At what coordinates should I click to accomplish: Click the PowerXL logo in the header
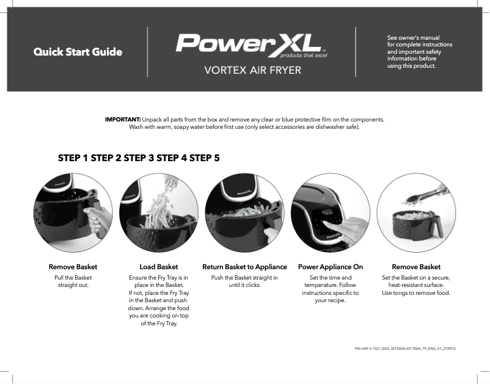pos(248,43)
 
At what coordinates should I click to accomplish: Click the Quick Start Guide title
pos(78,52)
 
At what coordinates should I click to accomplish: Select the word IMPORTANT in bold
pos(123,119)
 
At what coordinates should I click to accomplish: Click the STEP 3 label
pos(139,158)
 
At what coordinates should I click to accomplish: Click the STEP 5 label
pos(205,158)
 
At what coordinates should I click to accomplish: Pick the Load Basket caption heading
pos(159,267)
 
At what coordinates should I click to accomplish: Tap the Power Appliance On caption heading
pos(330,267)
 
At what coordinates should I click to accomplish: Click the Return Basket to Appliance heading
pos(244,267)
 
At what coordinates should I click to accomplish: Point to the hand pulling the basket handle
pos(95,220)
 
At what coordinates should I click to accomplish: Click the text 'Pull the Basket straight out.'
pos(73,281)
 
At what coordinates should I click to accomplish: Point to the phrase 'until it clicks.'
pos(244,285)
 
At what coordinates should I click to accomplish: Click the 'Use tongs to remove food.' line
pos(416,293)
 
